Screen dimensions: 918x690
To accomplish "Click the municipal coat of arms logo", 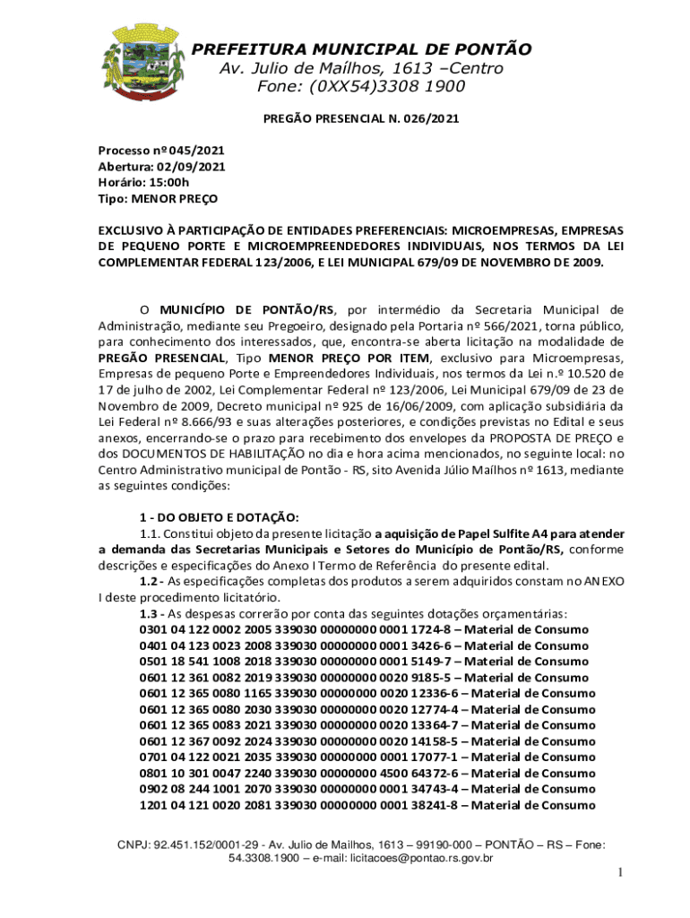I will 146,62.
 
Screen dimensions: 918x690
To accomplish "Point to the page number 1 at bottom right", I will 617,873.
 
